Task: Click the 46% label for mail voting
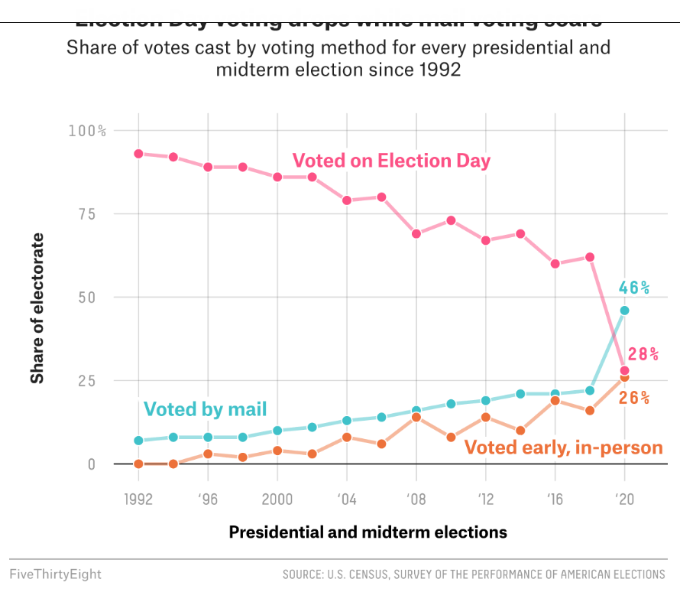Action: tap(634, 288)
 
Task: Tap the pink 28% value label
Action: tap(643, 354)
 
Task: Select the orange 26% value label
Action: tap(634, 398)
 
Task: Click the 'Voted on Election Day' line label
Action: tap(391, 161)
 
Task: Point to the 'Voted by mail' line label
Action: tap(205, 409)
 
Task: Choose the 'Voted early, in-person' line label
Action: tap(564, 448)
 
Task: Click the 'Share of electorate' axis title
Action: tap(37, 308)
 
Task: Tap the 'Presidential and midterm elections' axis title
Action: tap(368, 532)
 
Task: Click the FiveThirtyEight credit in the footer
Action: tap(55, 574)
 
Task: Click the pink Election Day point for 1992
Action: tap(138, 154)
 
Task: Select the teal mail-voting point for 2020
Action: tap(625, 311)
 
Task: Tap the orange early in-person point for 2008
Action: tap(416, 417)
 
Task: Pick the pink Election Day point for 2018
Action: tap(590, 257)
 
